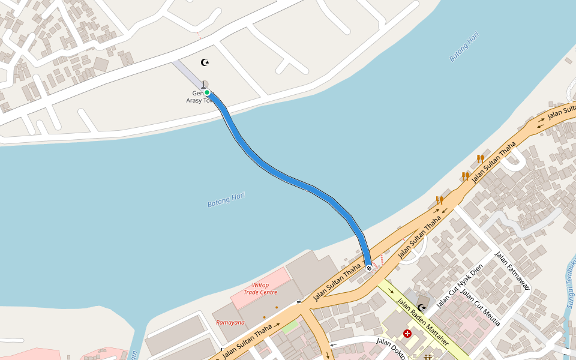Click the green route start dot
[x=207, y=92]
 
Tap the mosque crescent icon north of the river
[x=205, y=62]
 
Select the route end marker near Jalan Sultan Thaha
[x=368, y=268]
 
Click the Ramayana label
[x=230, y=322]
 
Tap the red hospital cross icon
[x=407, y=333]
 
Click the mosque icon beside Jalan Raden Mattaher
[x=422, y=307]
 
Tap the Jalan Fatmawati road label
[x=512, y=270]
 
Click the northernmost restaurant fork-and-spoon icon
[x=481, y=158]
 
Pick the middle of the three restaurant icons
[x=465, y=176]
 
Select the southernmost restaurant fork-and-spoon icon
[x=440, y=200]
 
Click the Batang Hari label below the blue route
[x=226, y=200]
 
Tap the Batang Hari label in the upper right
[x=464, y=46]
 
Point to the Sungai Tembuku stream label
[x=570, y=282]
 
